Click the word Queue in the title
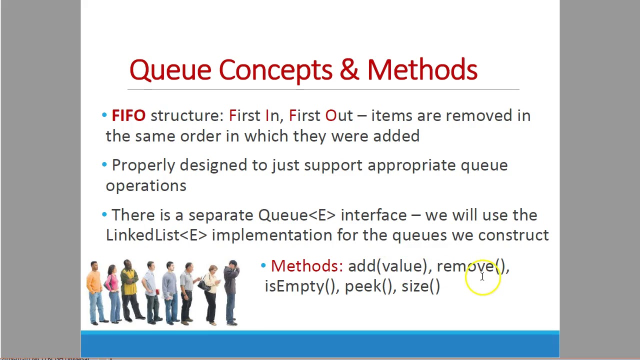coord(170,70)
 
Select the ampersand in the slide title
coord(349,70)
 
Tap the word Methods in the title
coord(422,70)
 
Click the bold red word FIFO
coord(128,116)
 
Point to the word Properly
coord(143,165)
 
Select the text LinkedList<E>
coord(156,235)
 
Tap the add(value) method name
coord(387,266)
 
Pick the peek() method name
coord(368,286)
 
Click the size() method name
coord(420,286)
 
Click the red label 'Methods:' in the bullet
coord(306,266)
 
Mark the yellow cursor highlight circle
coord(482,277)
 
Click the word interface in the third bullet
coord(373,215)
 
